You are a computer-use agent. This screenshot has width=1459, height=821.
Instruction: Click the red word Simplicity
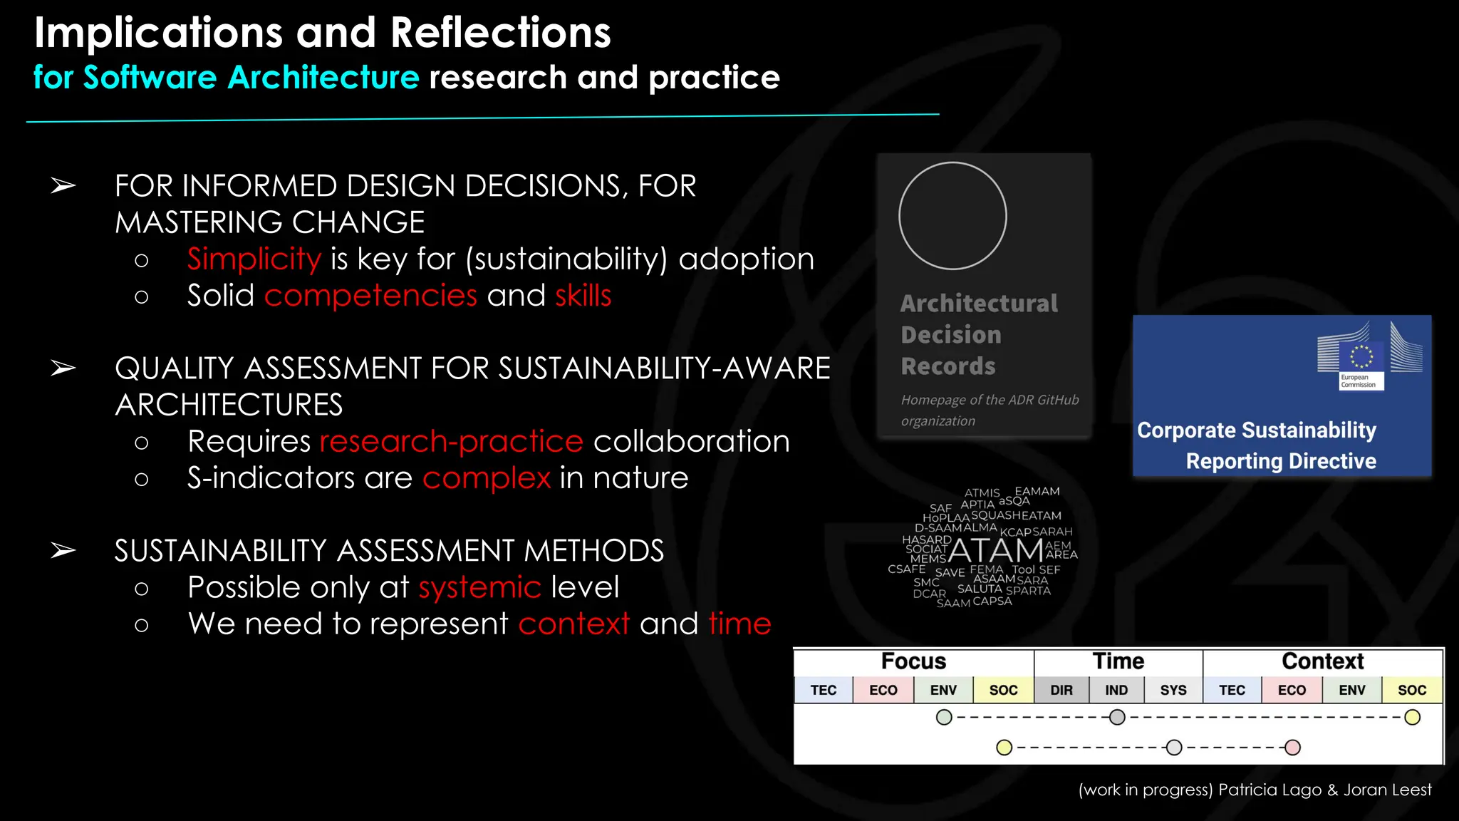click(254, 259)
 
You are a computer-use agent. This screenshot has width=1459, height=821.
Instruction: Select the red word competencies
click(370, 296)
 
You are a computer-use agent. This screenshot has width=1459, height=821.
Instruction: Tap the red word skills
click(583, 296)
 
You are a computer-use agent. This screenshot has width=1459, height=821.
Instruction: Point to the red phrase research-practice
click(452, 442)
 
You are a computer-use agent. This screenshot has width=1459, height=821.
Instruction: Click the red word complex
click(487, 478)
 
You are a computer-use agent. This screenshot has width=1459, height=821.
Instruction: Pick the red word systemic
click(479, 588)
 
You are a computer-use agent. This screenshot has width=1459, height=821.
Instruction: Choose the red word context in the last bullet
click(573, 624)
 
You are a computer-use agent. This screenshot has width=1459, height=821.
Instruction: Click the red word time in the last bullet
click(739, 624)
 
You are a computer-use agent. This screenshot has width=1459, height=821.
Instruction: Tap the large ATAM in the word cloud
click(995, 551)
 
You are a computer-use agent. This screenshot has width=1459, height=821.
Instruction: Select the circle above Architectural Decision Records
click(952, 216)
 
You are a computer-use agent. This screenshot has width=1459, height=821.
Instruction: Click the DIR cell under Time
click(1061, 690)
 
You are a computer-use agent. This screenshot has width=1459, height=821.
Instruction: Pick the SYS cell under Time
click(1173, 690)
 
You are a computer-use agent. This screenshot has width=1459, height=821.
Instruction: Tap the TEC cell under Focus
click(824, 690)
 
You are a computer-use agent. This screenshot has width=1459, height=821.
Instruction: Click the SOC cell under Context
click(1411, 690)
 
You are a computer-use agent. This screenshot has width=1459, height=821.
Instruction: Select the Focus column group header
click(913, 661)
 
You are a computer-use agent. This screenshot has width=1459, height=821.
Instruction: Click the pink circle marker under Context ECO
click(1292, 748)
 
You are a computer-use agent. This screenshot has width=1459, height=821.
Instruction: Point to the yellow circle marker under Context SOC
click(1412, 718)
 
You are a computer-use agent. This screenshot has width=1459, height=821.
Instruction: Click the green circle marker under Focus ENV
click(944, 718)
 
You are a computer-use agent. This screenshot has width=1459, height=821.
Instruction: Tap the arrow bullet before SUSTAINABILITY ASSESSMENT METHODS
click(63, 551)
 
